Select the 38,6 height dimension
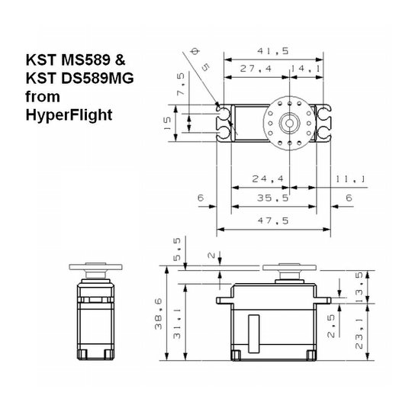(x=159, y=312)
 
